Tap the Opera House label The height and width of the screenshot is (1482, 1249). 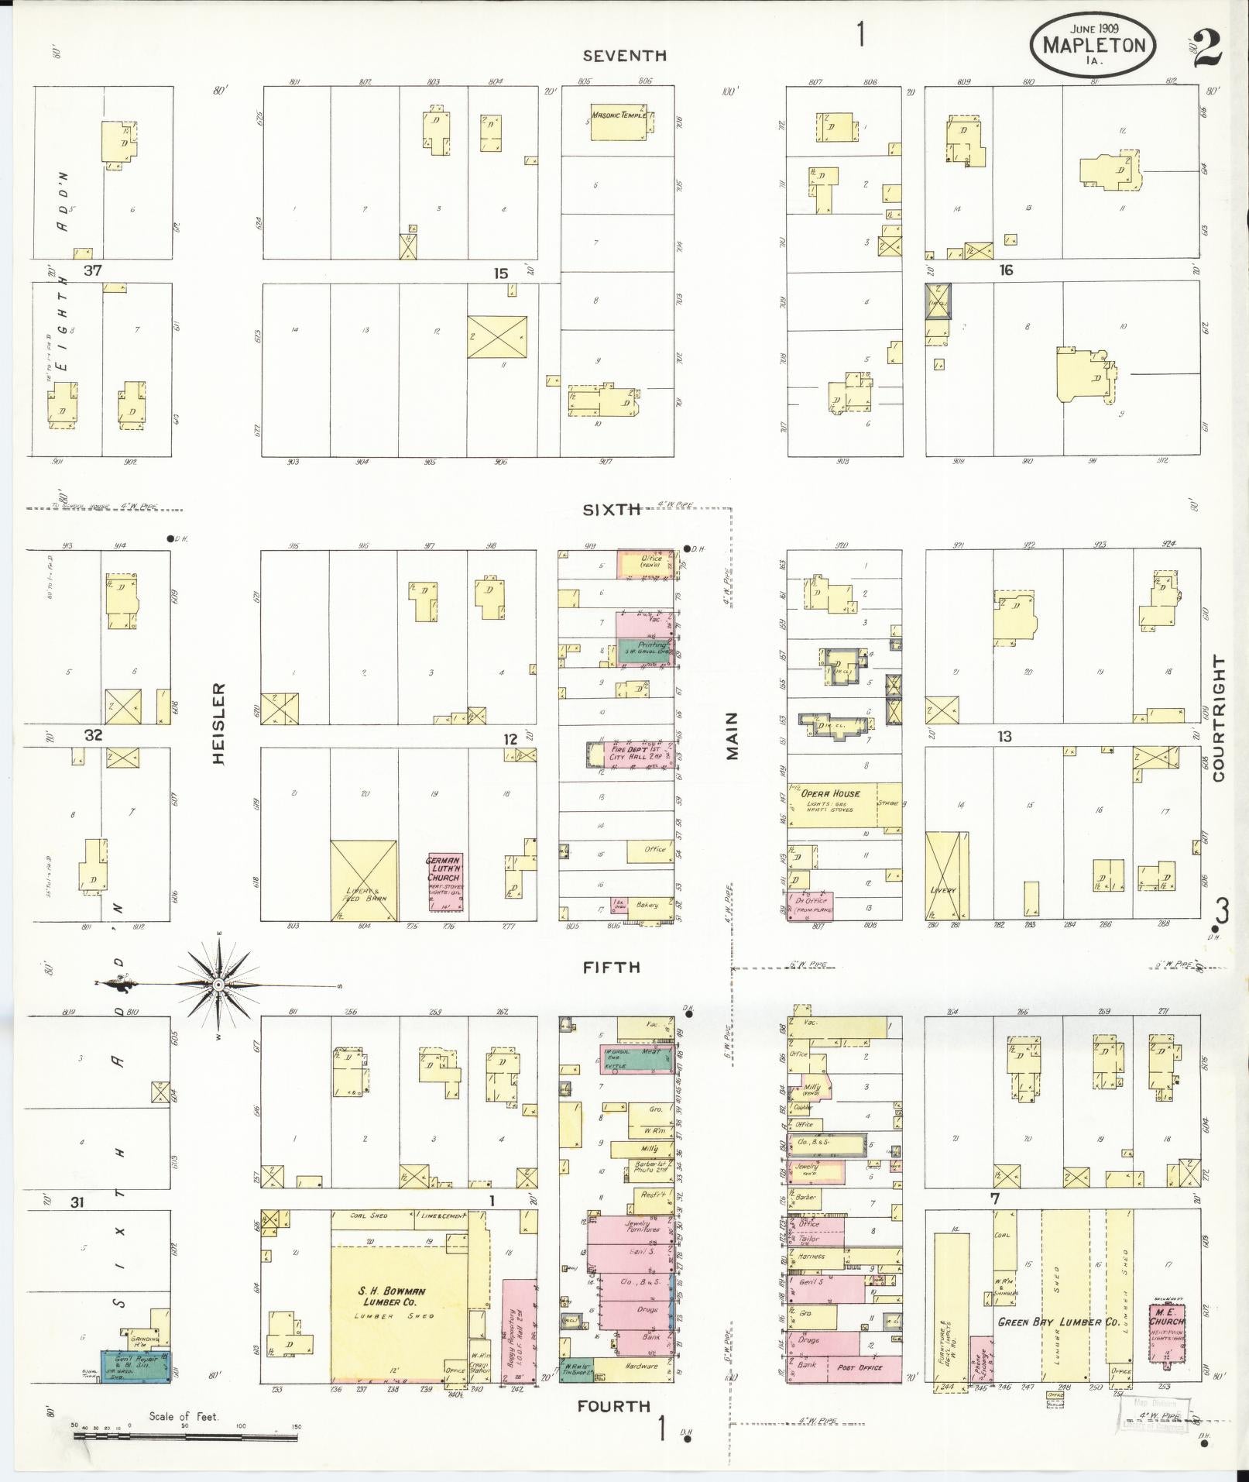tap(830, 793)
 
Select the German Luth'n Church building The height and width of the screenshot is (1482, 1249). tap(444, 877)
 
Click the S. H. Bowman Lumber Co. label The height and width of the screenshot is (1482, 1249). tap(392, 1296)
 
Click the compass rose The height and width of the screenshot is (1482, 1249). tap(218, 984)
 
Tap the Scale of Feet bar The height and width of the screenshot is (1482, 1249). tap(186, 1437)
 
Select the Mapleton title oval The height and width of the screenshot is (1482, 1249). tap(1093, 44)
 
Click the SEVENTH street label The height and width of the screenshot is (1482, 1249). tap(624, 56)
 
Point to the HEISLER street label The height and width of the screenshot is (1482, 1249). tap(219, 724)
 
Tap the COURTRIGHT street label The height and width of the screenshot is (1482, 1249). tap(1220, 718)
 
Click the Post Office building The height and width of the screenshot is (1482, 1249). tap(860, 1367)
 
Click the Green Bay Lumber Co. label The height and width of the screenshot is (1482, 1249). tap(1058, 1322)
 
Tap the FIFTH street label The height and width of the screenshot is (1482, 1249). tap(612, 967)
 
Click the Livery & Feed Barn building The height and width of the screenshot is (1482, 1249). tap(364, 881)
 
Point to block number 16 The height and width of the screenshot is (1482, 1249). tap(1006, 270)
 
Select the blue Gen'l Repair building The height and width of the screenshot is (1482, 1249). tap(136, 1366)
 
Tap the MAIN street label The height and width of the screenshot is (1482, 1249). tap(732, 736)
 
